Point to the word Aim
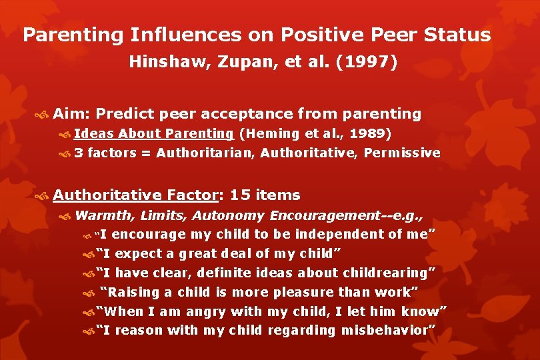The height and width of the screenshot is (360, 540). tap(67, 114)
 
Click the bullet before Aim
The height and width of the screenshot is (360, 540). tap(44, 115)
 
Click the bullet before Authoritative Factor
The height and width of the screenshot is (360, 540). tap(44, 196)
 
